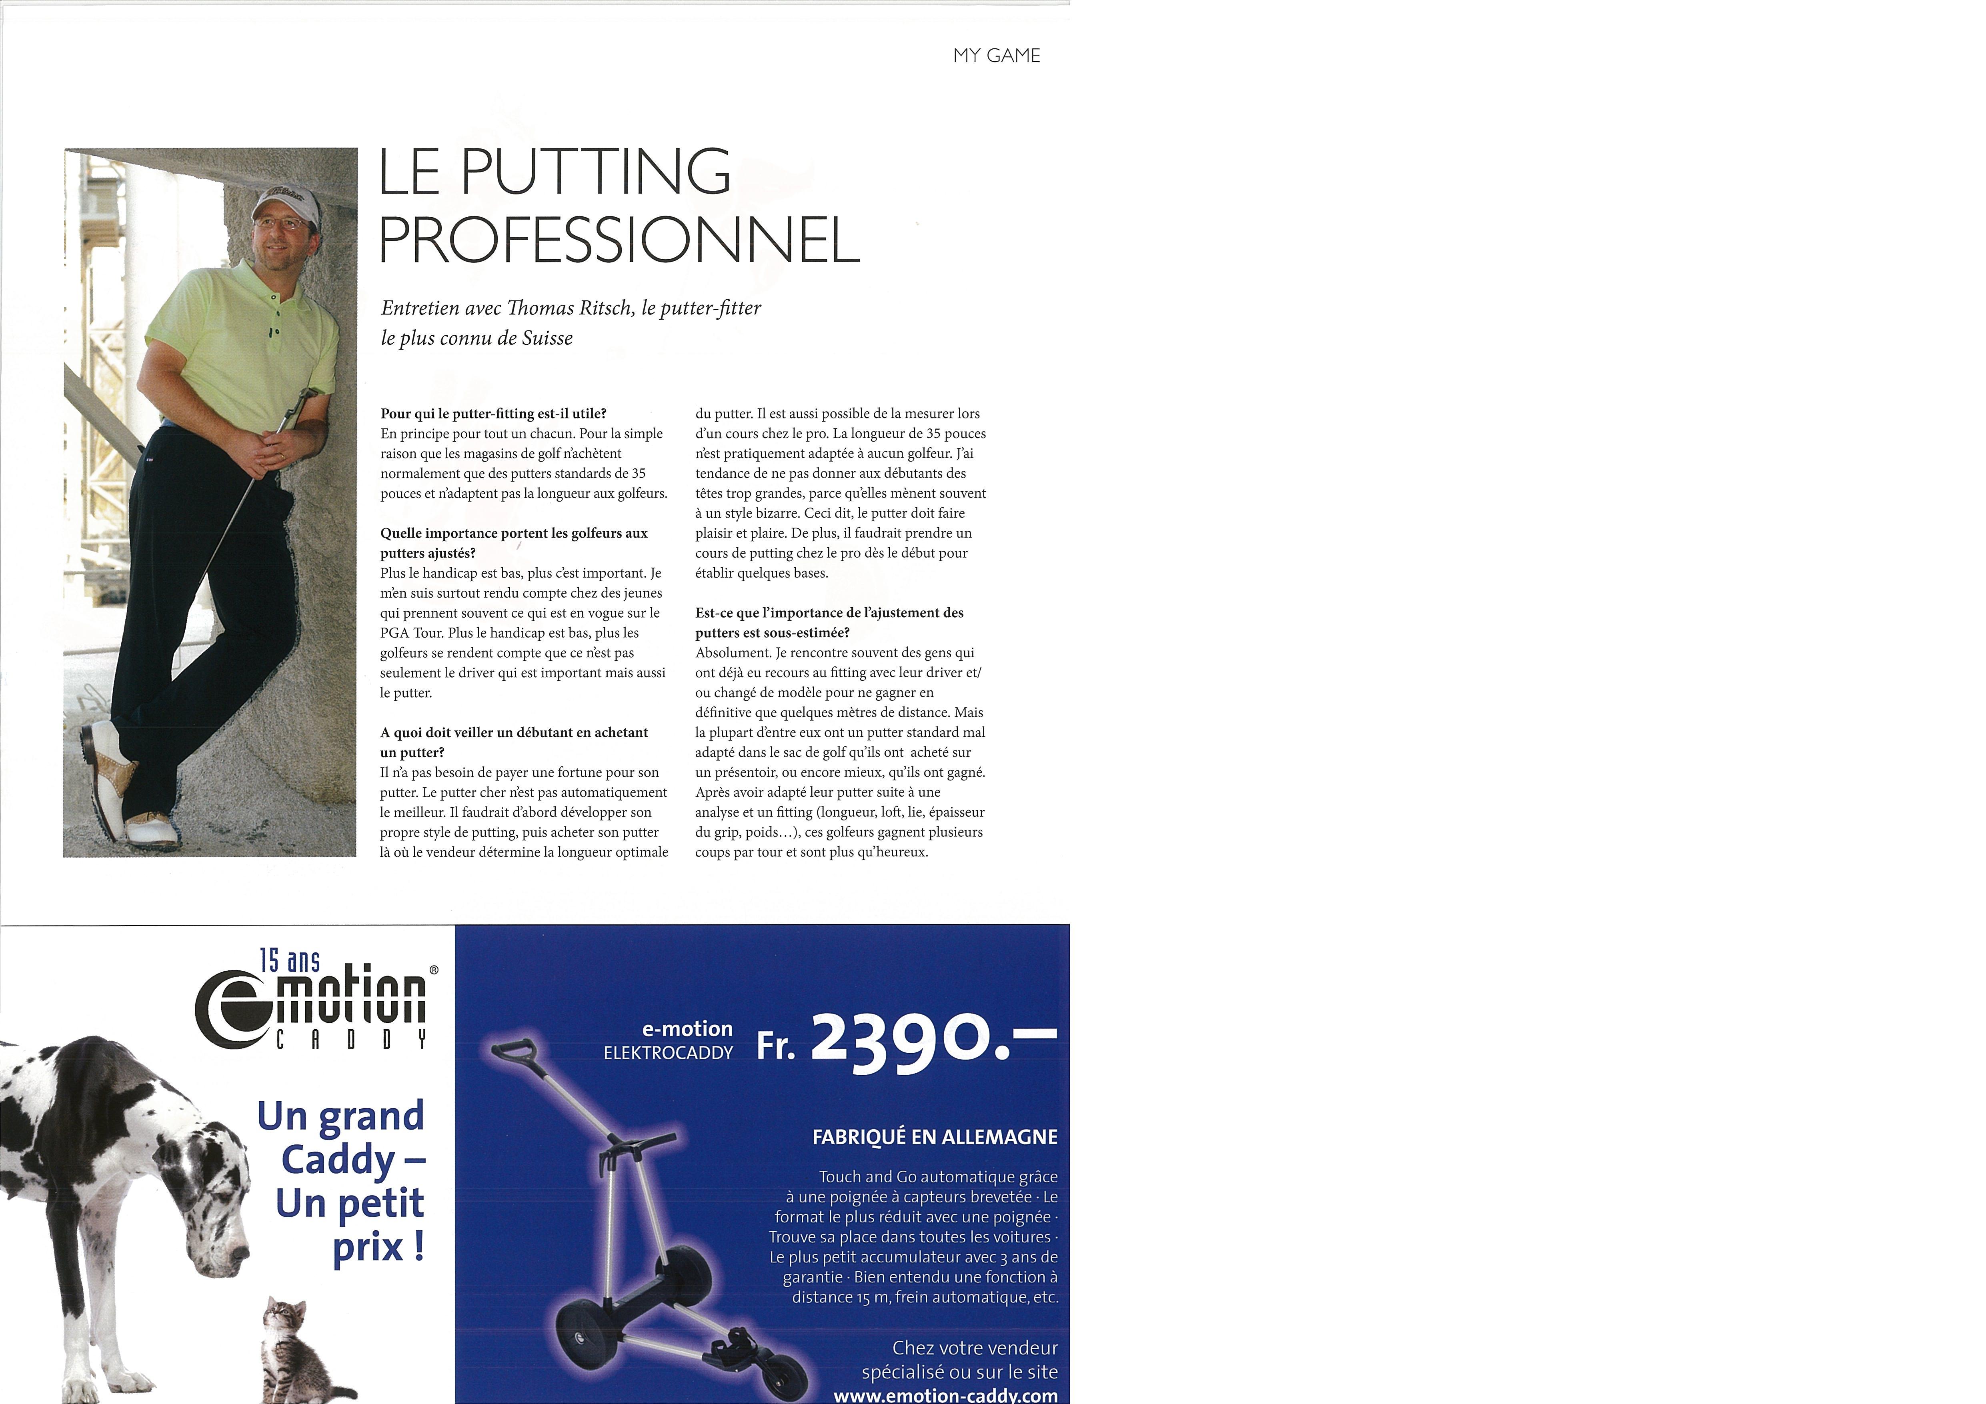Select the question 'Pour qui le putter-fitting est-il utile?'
click(x=493, y=414)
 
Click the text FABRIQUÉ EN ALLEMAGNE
click(x=934, y=1137)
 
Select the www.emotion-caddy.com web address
click(x=945, y=1394)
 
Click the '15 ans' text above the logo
click(x=290, y=960)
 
